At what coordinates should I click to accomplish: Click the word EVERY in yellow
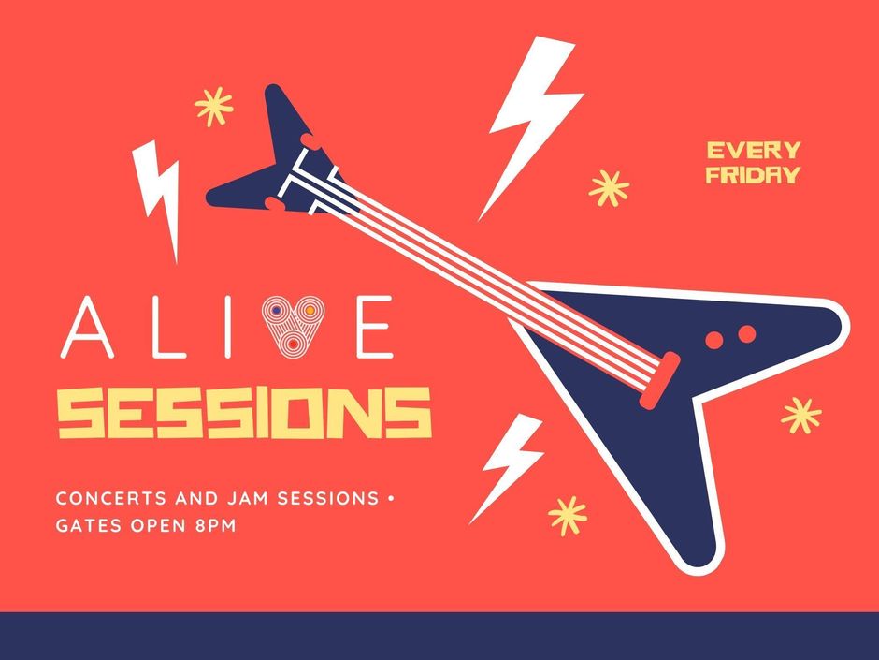(754, 151)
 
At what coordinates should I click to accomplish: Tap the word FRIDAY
(753, 175)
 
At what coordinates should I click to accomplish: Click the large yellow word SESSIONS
(245, 413)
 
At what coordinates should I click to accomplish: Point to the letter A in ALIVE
(88, 328)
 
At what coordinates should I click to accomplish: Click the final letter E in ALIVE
(375, 328)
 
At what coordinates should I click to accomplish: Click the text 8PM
(216, 526)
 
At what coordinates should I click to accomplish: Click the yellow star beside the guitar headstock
(213, 106)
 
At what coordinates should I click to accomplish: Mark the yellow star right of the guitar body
(801, 416)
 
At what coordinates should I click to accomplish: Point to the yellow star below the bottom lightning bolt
(568, 515)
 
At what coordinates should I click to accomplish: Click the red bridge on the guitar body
(660, 381)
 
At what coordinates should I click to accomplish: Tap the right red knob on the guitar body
(747, 334)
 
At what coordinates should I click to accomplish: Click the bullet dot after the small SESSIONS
(391, 498)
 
